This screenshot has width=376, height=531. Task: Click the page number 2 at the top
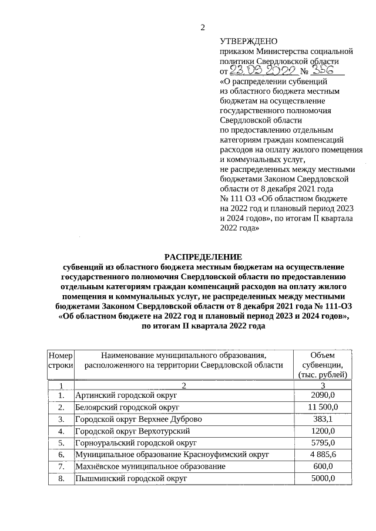tap(203, 27)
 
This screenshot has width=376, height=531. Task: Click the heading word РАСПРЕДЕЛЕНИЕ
tap(203, 257)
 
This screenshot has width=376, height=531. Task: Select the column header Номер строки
tap(61, 360)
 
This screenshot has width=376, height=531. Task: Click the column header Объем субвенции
tap(323, 364)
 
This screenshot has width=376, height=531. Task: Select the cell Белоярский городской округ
tap(127, 407)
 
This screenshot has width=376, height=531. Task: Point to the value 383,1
tap(323, 419)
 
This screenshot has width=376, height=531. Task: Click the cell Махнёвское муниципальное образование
tap(150, 466)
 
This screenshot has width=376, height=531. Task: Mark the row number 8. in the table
tap(61, 478)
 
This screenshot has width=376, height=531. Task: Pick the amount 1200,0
tap(323, 431)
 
